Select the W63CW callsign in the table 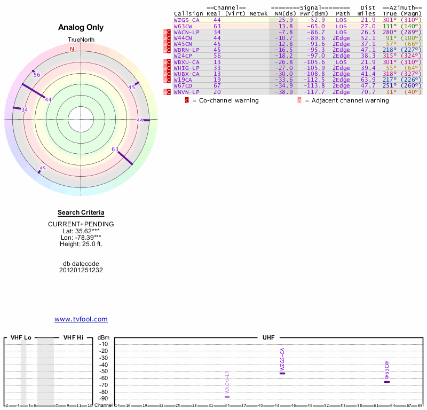point(183,26)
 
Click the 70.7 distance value point(368,92)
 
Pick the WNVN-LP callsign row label point(186,92)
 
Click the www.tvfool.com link point(81,319)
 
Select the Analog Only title point(81,27)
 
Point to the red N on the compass point(72,49)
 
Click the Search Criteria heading point(81,212)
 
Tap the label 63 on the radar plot point(115,149)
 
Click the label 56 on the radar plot point(37,75)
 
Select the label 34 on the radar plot point(24,109)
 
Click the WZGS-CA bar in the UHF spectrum point(282,373)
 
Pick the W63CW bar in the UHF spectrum point(387,382)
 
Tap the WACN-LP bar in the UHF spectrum point(227,397)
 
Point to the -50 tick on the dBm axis point(104,372)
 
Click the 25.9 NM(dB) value point(286,19)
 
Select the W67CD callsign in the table point(183,85)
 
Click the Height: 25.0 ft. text point(81,244)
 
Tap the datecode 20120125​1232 point(81,270)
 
